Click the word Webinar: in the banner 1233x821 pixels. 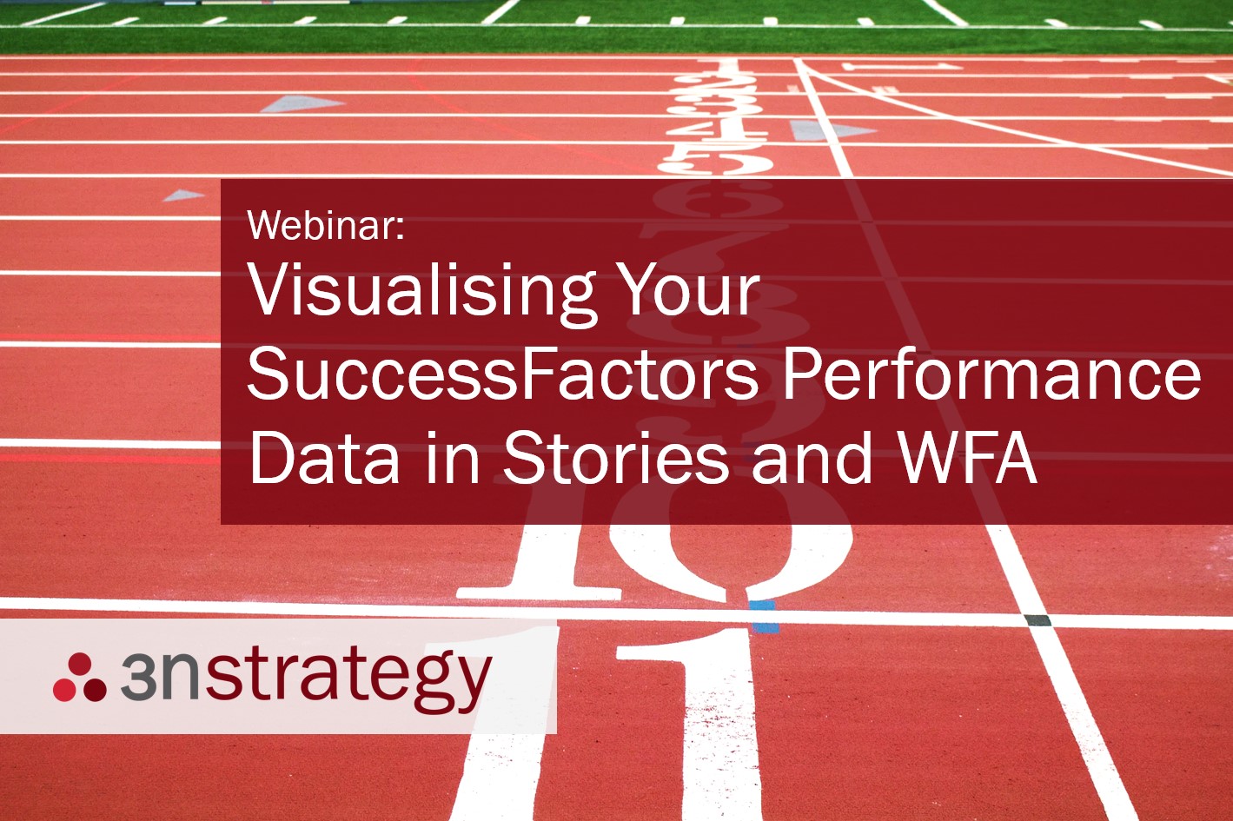(x=326, y=225)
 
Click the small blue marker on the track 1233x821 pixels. (x=763, y=615)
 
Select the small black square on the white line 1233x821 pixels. (x=1037, y=620)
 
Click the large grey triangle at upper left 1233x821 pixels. (x=301, y=104)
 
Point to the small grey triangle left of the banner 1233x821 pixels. (x=183, y=195)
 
